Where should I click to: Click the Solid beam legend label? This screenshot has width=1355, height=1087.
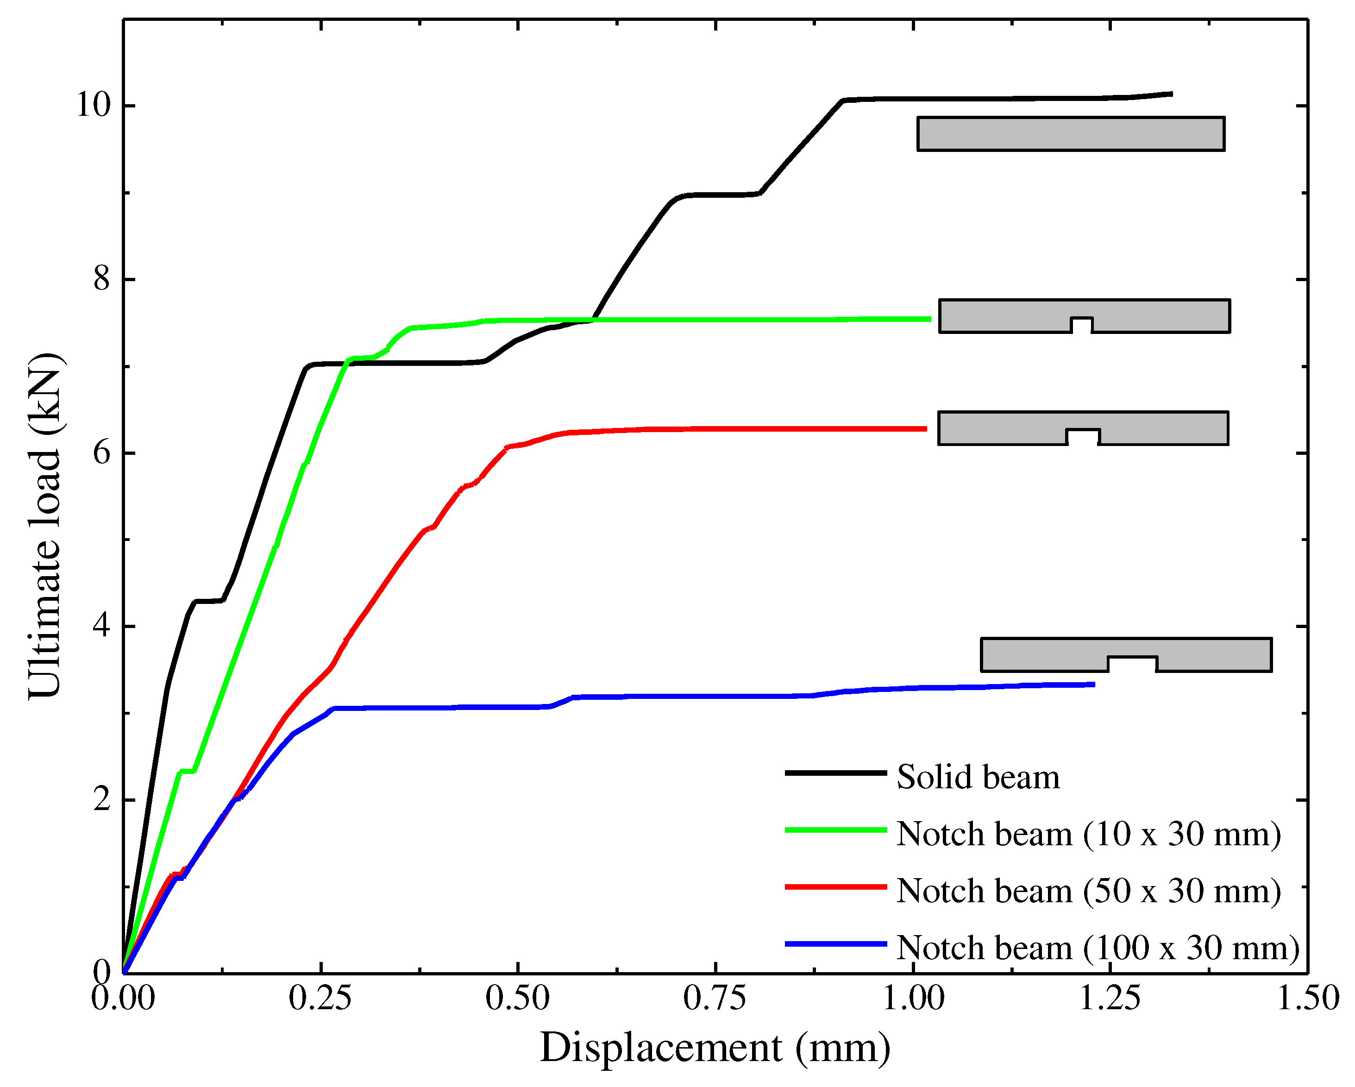coord(977,778)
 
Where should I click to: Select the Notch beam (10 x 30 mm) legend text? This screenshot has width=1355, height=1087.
coord(1088,834)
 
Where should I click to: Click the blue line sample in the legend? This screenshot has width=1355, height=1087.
coord(835,944)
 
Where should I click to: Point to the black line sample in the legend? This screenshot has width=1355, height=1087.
coord(835,773)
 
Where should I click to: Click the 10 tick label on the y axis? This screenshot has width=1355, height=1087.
coord(94,105)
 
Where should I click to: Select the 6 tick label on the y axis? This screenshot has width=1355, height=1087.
coord(102,452)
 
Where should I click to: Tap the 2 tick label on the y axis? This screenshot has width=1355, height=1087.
coord(102,800)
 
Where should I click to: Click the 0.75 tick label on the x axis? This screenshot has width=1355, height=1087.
coord(715,999)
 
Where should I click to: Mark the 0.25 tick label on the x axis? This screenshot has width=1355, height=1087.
coord(320,999)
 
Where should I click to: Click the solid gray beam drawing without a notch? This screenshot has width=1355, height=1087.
coord(1070,134)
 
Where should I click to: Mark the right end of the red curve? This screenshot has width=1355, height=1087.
coord(925,429)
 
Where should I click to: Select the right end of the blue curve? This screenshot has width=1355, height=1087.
coord(1093,684)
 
